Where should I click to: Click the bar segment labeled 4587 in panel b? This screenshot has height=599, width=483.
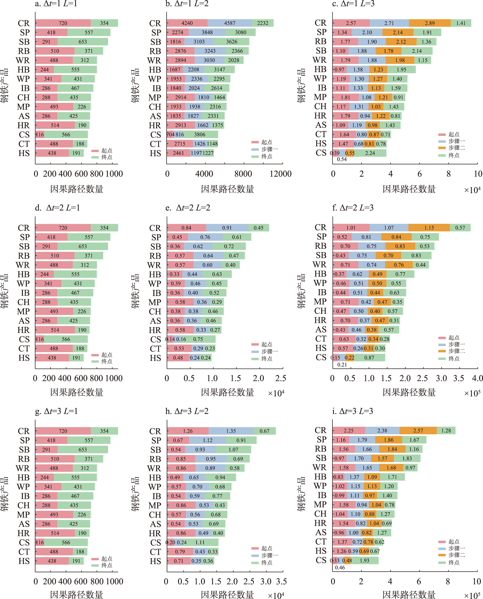[x=230, y=23]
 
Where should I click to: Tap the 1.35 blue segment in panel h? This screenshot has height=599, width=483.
[x=231, y=431]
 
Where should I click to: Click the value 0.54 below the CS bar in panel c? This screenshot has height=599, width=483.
[x=342, y=159]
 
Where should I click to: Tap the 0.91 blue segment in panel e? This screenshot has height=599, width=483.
[x=227, y=228]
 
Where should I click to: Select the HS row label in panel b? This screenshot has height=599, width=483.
[x=155, y=153]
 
